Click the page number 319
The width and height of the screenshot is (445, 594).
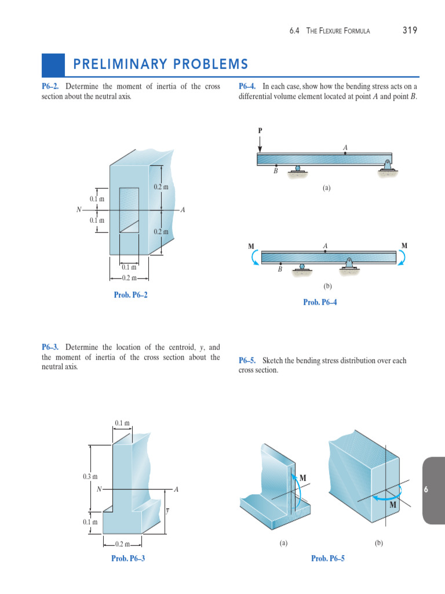coord(410,30)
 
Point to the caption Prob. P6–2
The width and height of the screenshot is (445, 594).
coord(130,295)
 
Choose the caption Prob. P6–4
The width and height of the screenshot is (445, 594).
coord(320,302)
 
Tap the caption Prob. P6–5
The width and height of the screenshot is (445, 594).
coord(327,558)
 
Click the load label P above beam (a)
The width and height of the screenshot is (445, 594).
coord(260,130)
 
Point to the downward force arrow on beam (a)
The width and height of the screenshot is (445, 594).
coord(260,144)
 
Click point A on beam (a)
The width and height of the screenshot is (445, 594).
coord(345,153)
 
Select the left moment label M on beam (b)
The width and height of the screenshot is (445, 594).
coord(251,246)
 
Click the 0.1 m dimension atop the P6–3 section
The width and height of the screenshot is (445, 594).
coord(122,423)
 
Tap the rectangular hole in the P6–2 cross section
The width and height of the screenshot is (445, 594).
coord(129,210)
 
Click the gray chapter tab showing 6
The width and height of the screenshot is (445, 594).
coord(425,490)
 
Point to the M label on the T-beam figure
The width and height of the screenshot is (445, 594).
coord(302,477)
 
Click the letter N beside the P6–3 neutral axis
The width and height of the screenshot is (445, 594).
coord(99,490)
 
